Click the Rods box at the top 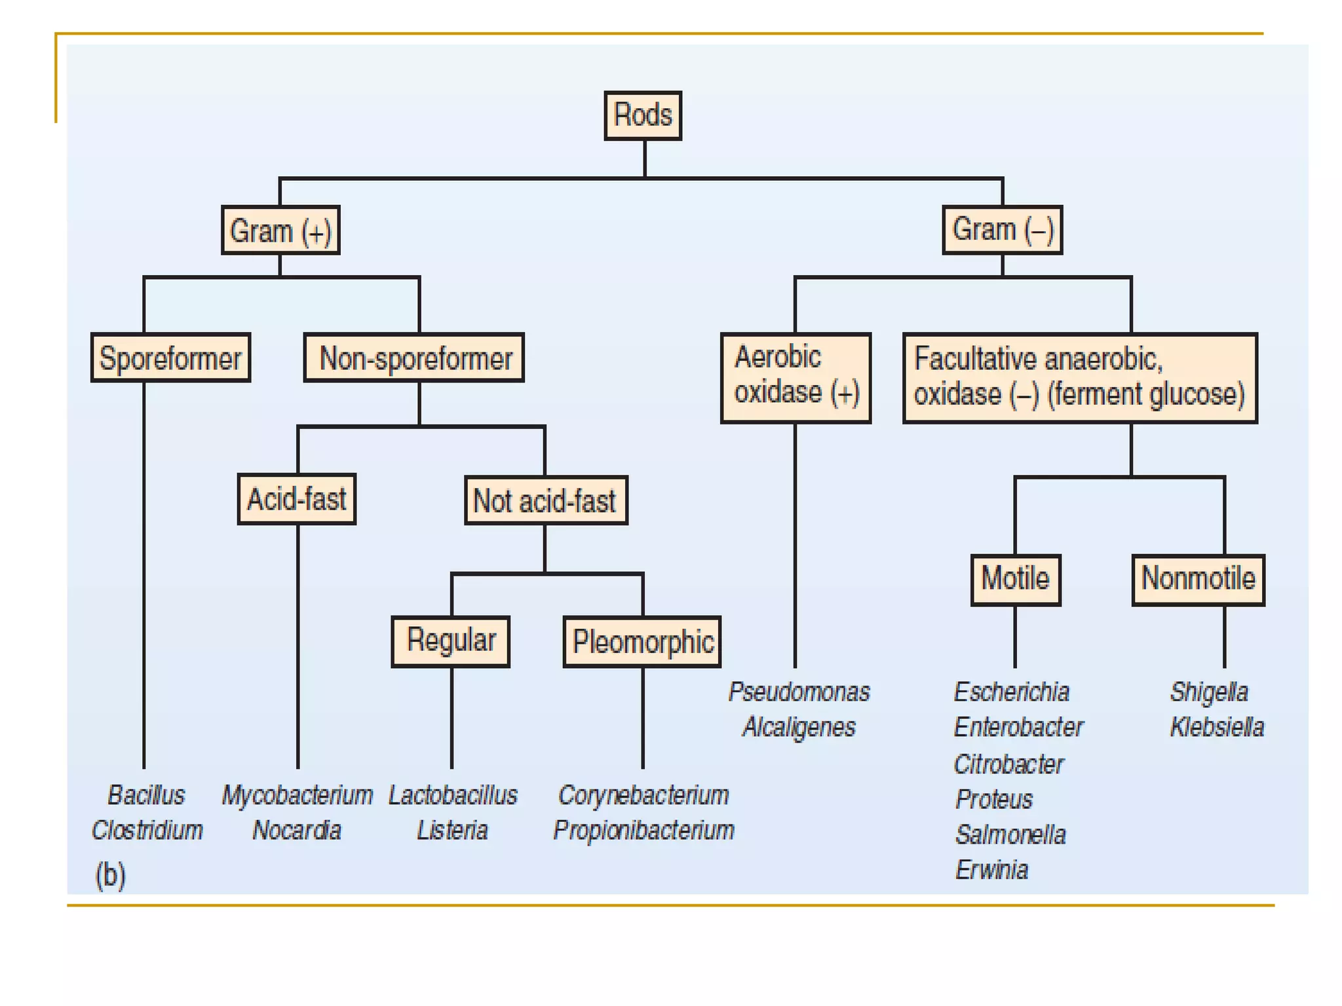[643, 116]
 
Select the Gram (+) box [280, 230]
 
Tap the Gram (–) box [1003, 230]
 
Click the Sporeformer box [170, 358]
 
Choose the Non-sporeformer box [414, 358]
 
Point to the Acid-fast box [297, 499]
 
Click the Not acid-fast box [546, 500]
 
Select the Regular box [451, 642]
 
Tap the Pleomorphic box [642, 642]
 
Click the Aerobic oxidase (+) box [796, 378]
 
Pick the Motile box [1016, 580]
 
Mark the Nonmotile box [1198, 580]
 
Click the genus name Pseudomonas [799, 692]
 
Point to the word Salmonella [1010, 835]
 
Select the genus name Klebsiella [1217, 728]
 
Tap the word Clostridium [147, 830]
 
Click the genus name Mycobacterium [297, 796]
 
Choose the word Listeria [452, 830]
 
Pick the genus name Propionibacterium [643, 830]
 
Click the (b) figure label [110, 875]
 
